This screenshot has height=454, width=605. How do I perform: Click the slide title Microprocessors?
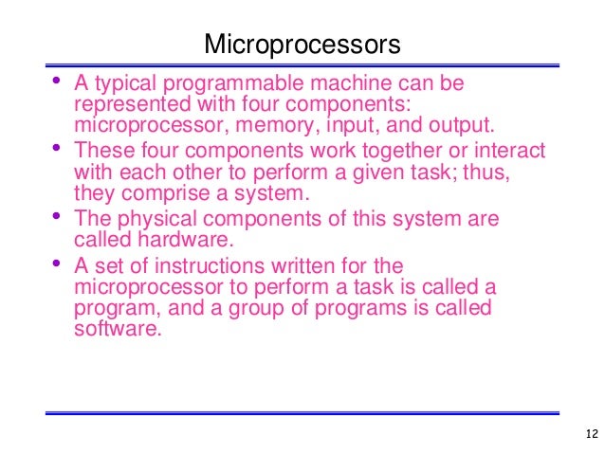tap(302, 45)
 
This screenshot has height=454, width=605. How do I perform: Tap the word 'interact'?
tap(515, 151)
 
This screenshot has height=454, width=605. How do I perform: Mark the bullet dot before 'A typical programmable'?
tap(59, 80)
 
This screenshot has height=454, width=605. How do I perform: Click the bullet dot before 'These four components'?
tap(59, 147)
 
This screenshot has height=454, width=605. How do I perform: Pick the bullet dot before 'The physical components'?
tap(59, 215)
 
